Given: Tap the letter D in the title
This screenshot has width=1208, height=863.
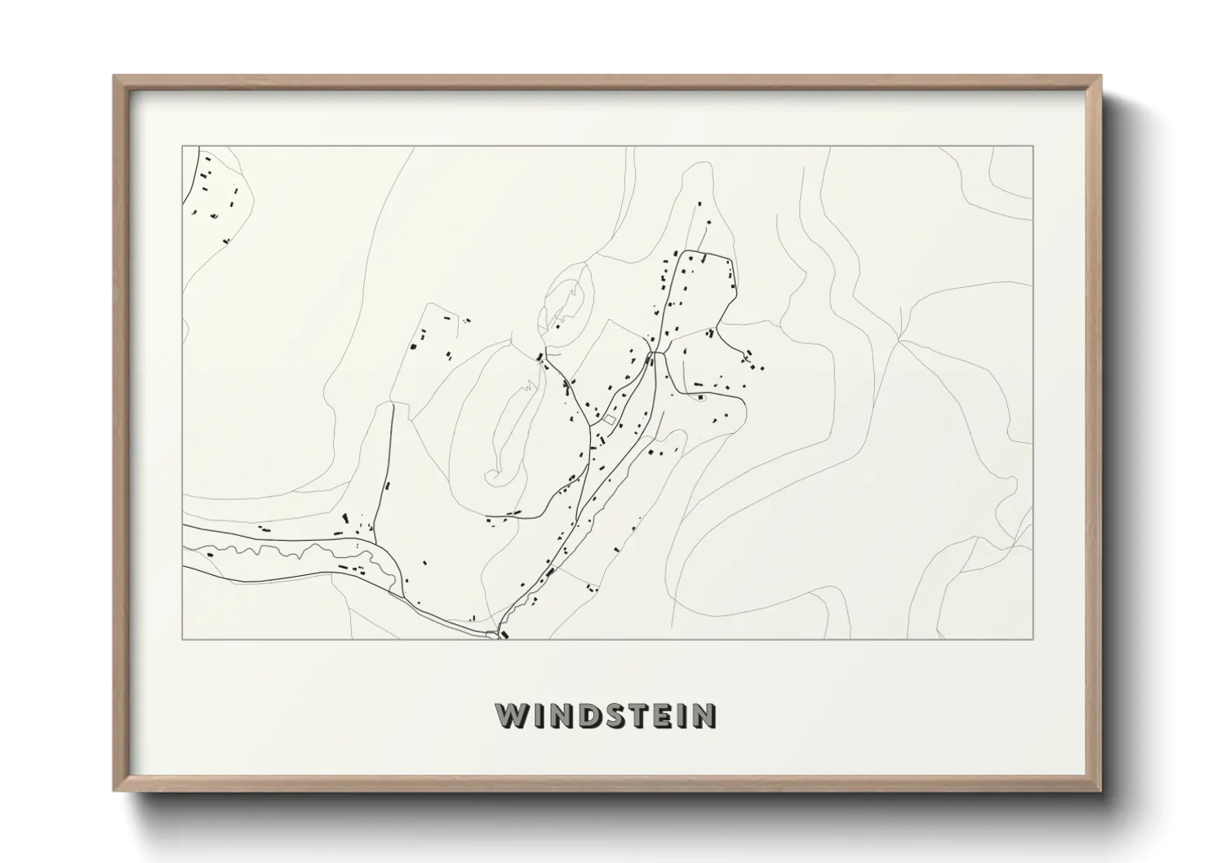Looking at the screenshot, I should point(589,715).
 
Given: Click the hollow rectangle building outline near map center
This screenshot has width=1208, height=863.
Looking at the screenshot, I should point(608,420).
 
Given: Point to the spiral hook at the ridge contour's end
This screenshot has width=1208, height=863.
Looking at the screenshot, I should point(492,473).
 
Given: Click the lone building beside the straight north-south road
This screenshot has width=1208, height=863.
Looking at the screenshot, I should point(388,486).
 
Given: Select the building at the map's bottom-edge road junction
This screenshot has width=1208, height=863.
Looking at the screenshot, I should point(503,633).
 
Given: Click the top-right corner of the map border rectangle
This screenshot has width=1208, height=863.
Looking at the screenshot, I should point(1033,146).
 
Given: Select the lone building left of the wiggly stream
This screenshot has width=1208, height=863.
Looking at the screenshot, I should point(210,555).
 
